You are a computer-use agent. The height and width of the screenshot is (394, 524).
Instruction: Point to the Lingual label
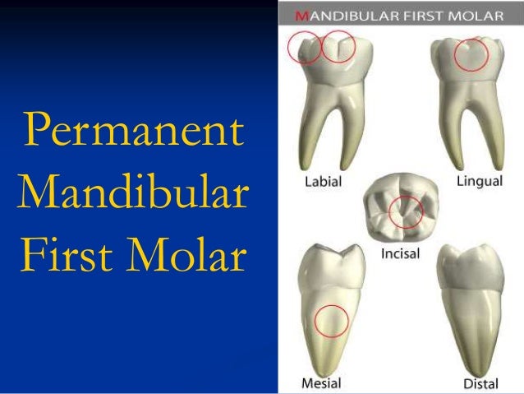pos(480,182)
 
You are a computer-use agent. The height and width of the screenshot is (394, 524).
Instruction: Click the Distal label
pos(481,383)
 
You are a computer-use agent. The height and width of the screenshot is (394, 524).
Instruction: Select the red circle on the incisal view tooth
pos(407,212)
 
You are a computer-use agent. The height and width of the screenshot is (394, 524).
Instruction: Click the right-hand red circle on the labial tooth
pos(338,47)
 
